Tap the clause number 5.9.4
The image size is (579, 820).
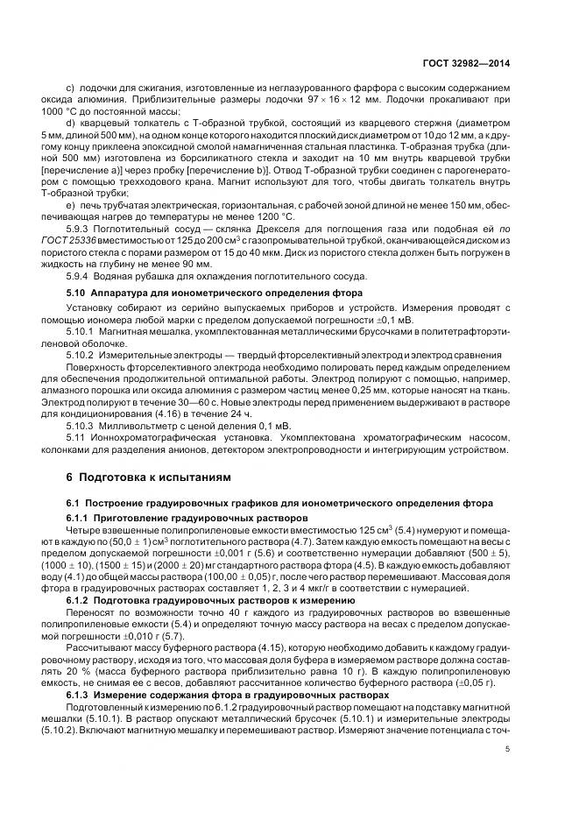point(81,277)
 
